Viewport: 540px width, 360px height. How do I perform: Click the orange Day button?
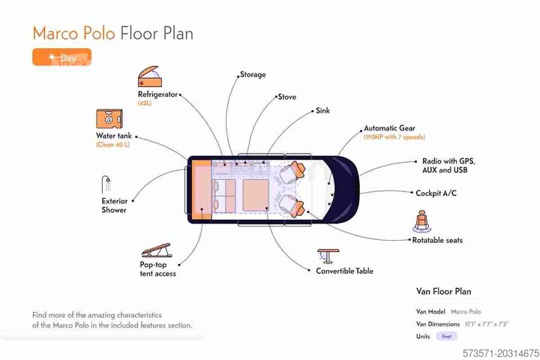pyautogui.click(x=61, y=57)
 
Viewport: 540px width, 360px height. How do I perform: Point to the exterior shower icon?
pyautogui.click(x=107, y=184)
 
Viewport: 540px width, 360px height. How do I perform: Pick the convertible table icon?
pyautogui.click(x=328, y=256)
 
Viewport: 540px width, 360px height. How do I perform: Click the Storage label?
pyautogui.click(x=253, y=75)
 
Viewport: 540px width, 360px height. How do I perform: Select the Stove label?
pyautogui.click(x=286, y=97)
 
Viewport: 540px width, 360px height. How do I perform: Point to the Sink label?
pyautogui.click(x=322, y=111)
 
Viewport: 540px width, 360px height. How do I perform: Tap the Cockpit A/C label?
pyautogui.click(x=436, y=193)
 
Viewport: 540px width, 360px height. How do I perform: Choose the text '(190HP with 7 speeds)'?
pyautogui.click(x=394, y=138)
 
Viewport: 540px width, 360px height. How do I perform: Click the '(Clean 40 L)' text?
pyautogui.click(x=112, y=144)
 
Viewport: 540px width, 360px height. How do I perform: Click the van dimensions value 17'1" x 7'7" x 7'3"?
pyautogui.click(x=487, y=323)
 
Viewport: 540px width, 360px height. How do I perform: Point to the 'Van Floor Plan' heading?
pyautogui.click(x=444, y=291)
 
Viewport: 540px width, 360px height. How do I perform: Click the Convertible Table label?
pyautogui.click(x=344, y=271)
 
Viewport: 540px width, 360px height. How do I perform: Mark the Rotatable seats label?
pyautogui.click(x=437, y=241)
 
